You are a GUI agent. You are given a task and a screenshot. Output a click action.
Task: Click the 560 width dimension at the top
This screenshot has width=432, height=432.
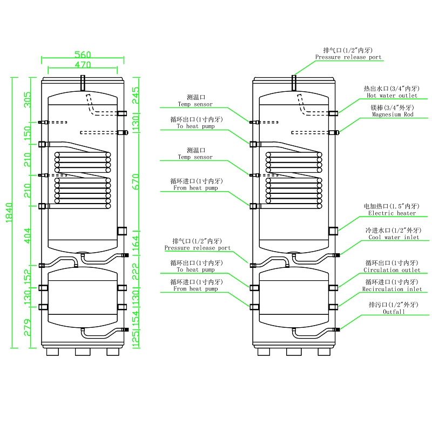(x=83, y=55)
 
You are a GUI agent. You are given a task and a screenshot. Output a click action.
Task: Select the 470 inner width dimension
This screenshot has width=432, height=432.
(x=83, y=65)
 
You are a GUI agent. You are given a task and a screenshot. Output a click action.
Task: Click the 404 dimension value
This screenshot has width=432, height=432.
(x=28, y=235)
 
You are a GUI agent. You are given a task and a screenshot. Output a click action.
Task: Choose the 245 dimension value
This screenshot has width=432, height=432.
(x=136, y=96)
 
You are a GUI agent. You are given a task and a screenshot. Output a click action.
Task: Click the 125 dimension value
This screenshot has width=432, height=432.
(x=136, y=338)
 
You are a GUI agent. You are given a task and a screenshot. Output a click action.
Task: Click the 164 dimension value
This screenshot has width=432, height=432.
(x=136, y=243)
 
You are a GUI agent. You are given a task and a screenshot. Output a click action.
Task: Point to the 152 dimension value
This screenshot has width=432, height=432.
(x=28, y=275)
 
